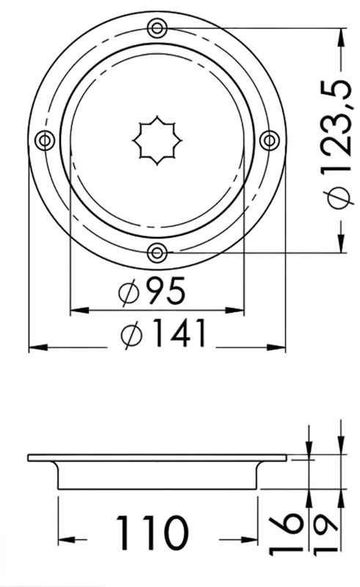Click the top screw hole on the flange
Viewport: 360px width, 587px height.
click(157, 28)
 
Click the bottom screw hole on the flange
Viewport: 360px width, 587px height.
click(157, 253)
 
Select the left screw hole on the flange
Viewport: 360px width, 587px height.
click(45, 140)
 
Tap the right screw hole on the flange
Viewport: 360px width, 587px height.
click(269, 140)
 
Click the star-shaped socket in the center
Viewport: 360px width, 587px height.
click(157, 140)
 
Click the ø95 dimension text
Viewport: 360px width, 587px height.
click(152, 291)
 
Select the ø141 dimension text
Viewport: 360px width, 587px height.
click(164, 333)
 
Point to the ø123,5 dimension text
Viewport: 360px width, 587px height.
click(340, 143)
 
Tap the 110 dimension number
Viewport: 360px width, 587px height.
click(151, 533)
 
